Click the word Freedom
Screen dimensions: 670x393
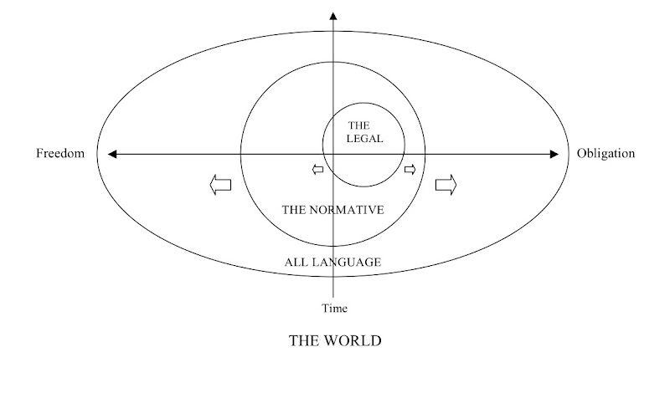[60, 154]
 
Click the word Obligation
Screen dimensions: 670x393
[606, 154]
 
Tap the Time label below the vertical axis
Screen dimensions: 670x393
[334, 309]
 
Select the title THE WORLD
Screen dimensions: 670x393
[334, 341]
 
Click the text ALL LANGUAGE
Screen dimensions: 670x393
[333, 263]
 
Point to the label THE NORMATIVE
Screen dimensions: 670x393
[332, 210]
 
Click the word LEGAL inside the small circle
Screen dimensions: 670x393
[364, 138]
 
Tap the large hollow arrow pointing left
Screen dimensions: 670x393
[220, 185]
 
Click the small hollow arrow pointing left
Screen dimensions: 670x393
[317, 171]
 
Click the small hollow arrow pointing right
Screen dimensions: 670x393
[410, 171]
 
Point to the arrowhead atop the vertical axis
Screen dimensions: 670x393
[334, 16]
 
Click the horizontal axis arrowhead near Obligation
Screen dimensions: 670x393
[553, 154]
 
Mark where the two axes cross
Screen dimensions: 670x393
[334, 154]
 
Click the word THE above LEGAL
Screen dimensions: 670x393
[358, 125]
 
